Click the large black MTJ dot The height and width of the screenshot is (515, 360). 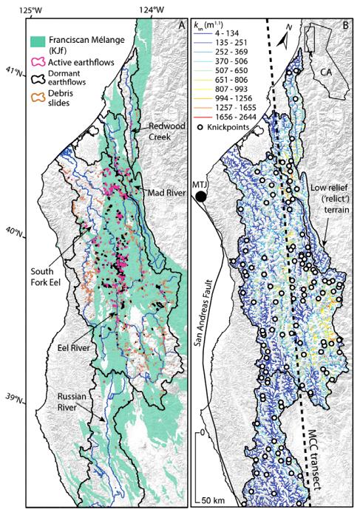point(202,197)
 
